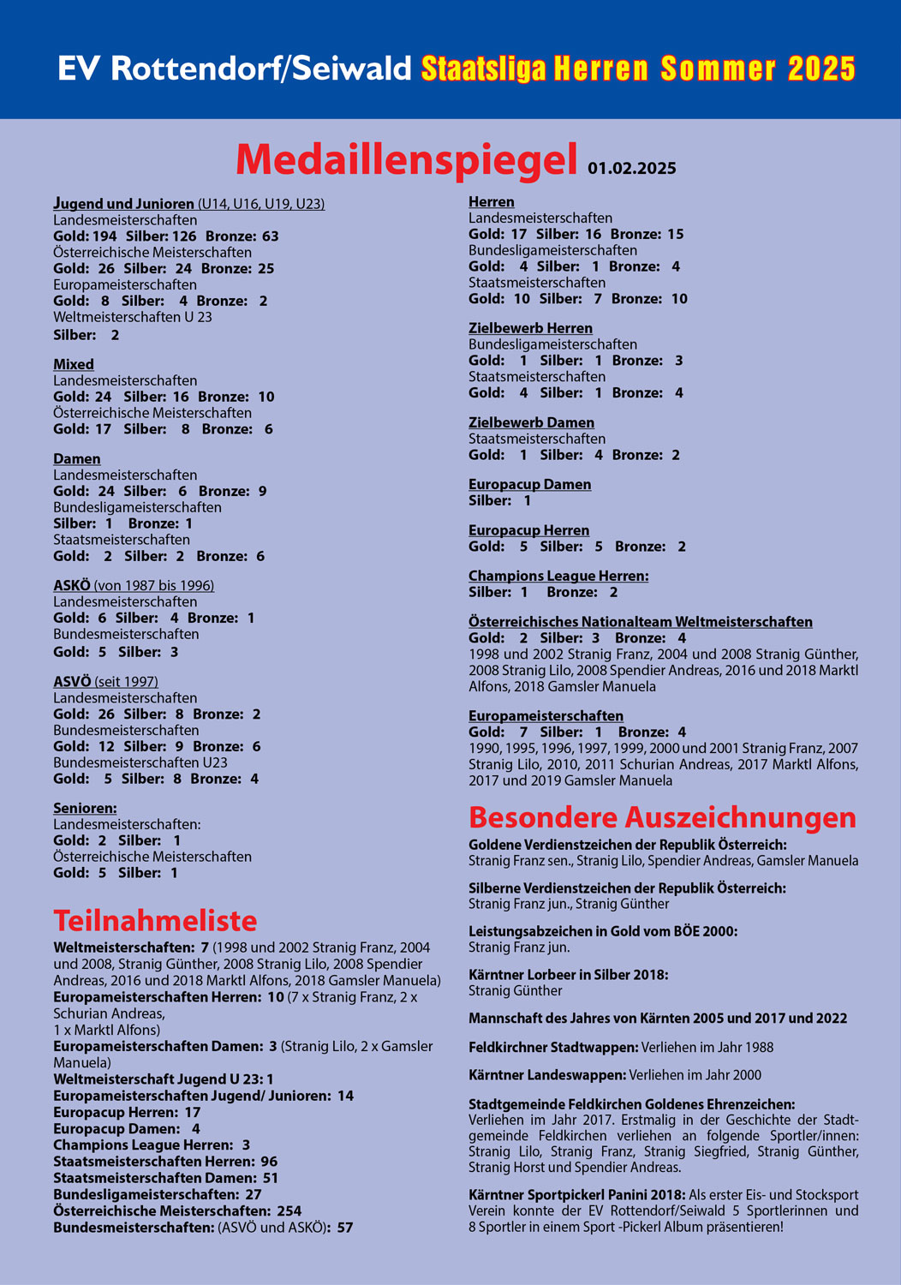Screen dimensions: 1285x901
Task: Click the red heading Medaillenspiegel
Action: pyautogui.click(x=407, y=159)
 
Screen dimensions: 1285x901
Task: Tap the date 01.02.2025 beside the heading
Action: pyautogui.click(x=631, y=168)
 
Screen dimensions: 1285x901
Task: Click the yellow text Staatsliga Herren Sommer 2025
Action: pyautogui.click(x=638, y=69)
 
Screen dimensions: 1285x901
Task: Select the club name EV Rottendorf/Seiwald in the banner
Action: pyautogui.click(x=235, y=69)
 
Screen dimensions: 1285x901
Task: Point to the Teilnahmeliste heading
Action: pyautogui.click(x=155, y=920)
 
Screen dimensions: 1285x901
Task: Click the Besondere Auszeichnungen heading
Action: pyautogui.click(x=662, y=816)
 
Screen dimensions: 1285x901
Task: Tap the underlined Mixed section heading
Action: pyautogui.click(x=74, y=364)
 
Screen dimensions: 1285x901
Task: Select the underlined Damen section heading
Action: pyautogui.click(x=77, y=459)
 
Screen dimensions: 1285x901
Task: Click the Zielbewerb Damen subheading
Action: pyautogui.click(x=531, y=422)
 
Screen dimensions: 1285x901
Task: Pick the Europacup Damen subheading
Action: pyautogui.click(x=529, y=484)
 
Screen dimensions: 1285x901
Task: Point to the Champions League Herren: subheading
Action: pyautogui.click(x=558, y=576)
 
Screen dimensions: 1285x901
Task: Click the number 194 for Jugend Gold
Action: pyautogui.click(x=104, y=236)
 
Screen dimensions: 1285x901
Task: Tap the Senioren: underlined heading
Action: pyautogui.click(x=85, y=808)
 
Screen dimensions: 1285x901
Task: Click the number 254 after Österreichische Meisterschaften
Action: pyautogui.click(x=289, y=1210)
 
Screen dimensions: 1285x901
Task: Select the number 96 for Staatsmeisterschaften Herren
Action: pyautogui.click(x=269, y=1161)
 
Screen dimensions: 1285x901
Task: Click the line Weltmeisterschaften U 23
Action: pyautogui.click(x=133, y=317)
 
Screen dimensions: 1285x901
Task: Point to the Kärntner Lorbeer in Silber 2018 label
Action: pyautogui.click(x=568, y=974)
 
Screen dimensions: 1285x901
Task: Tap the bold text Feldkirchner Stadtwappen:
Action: pyautogui.click(x=553, y=1047)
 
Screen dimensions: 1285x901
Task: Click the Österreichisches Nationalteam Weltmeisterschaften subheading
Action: pyautogui.click(x=640, y=622)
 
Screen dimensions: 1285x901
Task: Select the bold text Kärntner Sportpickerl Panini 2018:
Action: pyautogui.click(x=576, y=1194)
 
